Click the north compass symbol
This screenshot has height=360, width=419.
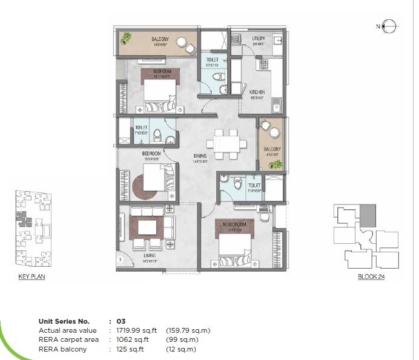[389, 25]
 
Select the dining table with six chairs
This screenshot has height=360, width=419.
[226, 144]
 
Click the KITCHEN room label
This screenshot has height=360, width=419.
[257, 93]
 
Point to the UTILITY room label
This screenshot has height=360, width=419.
[259, 38]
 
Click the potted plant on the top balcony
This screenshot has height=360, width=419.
[127, 39]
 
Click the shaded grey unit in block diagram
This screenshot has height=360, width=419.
[368, 212]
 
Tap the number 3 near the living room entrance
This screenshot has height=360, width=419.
[120, 260]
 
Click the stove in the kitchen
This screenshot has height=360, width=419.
[263, 63]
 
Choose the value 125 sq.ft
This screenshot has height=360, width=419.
[127, 349]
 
